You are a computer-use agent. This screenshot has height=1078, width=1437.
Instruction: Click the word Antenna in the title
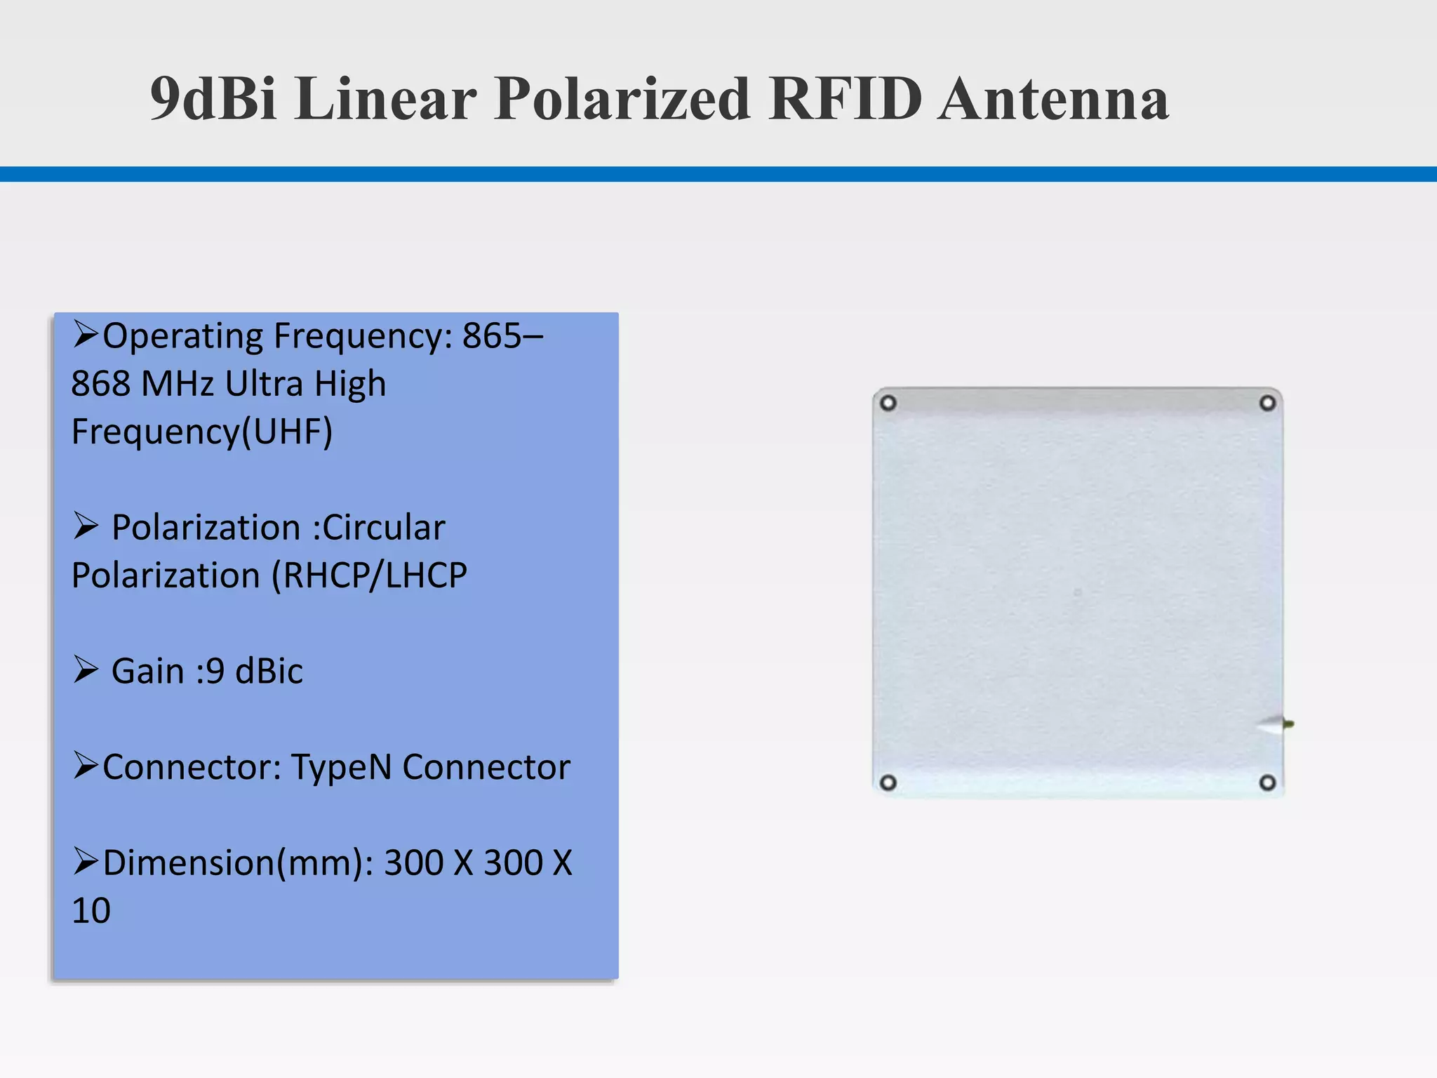1054,99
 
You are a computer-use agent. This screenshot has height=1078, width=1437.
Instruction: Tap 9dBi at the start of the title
213,99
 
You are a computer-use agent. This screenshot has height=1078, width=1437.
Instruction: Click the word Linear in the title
385,99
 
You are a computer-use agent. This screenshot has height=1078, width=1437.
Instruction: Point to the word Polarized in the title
622,99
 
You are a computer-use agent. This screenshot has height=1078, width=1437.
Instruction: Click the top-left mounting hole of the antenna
888,404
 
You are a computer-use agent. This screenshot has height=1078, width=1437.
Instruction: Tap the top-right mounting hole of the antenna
1267,404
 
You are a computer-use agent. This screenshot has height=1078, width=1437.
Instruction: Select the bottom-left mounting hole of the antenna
888,783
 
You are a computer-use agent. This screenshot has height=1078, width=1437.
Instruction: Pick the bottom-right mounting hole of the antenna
1267,783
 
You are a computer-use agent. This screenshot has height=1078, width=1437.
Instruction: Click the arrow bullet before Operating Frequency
86,334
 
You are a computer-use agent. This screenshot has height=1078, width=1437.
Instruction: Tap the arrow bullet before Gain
86,670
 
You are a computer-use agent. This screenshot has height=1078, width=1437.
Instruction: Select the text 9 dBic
254,671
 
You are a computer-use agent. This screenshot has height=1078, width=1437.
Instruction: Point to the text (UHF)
287,432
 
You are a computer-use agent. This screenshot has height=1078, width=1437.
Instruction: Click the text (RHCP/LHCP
369,575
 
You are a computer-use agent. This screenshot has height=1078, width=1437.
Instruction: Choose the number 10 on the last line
91,911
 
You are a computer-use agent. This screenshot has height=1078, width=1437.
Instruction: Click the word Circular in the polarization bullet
383,528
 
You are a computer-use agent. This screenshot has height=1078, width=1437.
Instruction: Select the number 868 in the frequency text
100,384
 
